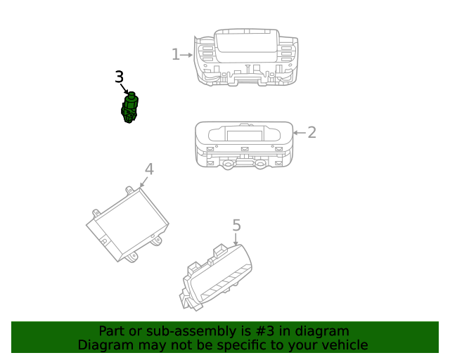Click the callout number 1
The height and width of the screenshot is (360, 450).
176,54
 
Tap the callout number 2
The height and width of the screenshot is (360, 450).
312,132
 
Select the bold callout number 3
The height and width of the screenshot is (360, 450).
120,77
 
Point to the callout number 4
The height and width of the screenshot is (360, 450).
149,169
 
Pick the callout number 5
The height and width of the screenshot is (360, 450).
236,225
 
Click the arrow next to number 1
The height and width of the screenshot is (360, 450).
186,55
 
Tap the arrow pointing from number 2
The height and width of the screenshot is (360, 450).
300,133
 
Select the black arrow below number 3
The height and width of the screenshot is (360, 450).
124,89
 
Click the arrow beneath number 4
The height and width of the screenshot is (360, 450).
143,182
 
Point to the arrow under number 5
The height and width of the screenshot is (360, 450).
236,239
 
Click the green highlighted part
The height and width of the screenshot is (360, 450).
129,108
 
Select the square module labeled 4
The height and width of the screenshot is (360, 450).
127,224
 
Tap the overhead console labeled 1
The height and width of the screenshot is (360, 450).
246,57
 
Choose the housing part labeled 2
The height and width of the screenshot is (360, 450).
244,146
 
